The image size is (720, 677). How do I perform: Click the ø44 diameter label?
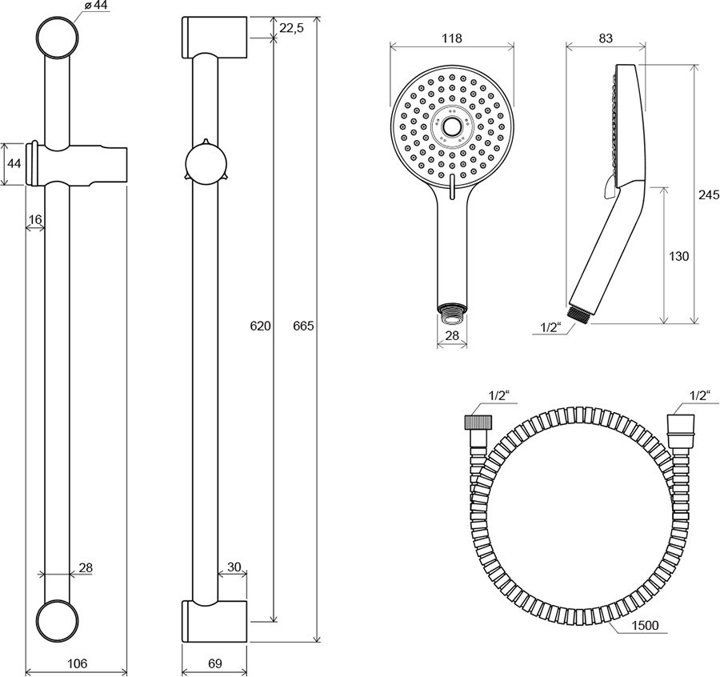tap(95, 6)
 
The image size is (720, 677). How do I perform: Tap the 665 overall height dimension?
tap(304, 326)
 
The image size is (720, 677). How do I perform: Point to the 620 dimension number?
tap(261, 326)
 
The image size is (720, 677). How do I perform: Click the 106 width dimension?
tap(77, 663)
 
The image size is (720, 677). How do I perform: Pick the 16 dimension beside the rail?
tap(34, 218)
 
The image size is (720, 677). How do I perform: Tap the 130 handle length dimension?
tap(678, 256)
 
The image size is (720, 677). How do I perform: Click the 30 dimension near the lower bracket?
tap(234, 567)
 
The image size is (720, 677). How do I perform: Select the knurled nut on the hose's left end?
tap(472, 423)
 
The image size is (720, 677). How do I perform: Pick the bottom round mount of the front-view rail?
tap(58, 619)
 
